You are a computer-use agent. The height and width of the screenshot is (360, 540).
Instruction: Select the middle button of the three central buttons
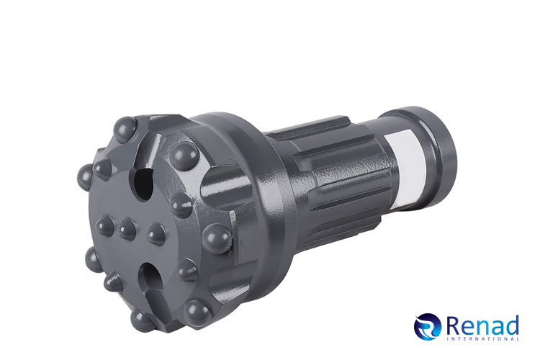pos(127,229)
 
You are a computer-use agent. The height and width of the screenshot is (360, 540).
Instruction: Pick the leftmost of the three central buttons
pos(104,225)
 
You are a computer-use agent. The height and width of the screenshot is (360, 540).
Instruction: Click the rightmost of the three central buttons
pos(157,234)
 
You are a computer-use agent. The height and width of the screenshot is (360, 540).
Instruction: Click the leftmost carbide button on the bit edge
pos(85,176)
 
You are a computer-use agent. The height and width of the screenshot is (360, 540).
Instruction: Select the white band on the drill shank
pos(406,168)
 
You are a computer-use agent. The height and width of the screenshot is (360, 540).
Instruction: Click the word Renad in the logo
pos(482,325)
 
